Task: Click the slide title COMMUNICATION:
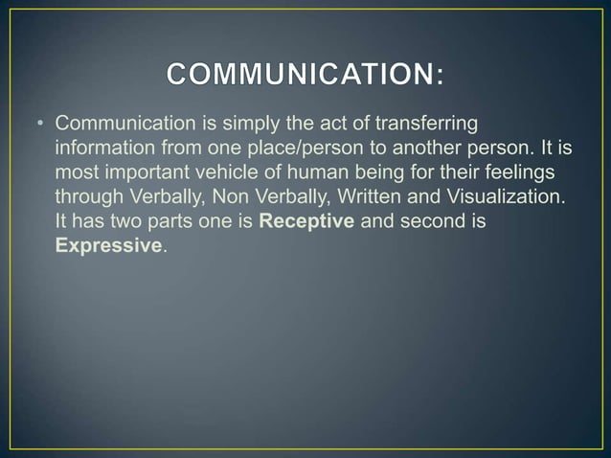click(305, 74)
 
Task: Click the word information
click(104, 149)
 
